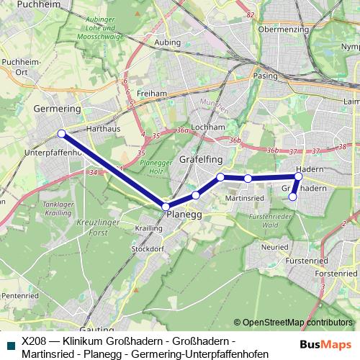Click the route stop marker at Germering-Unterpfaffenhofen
62,133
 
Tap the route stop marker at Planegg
166,207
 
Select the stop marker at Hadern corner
298,176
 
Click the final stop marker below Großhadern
292,197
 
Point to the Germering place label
57,108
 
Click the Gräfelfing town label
202,158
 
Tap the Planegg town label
184,215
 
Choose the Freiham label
152,94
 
